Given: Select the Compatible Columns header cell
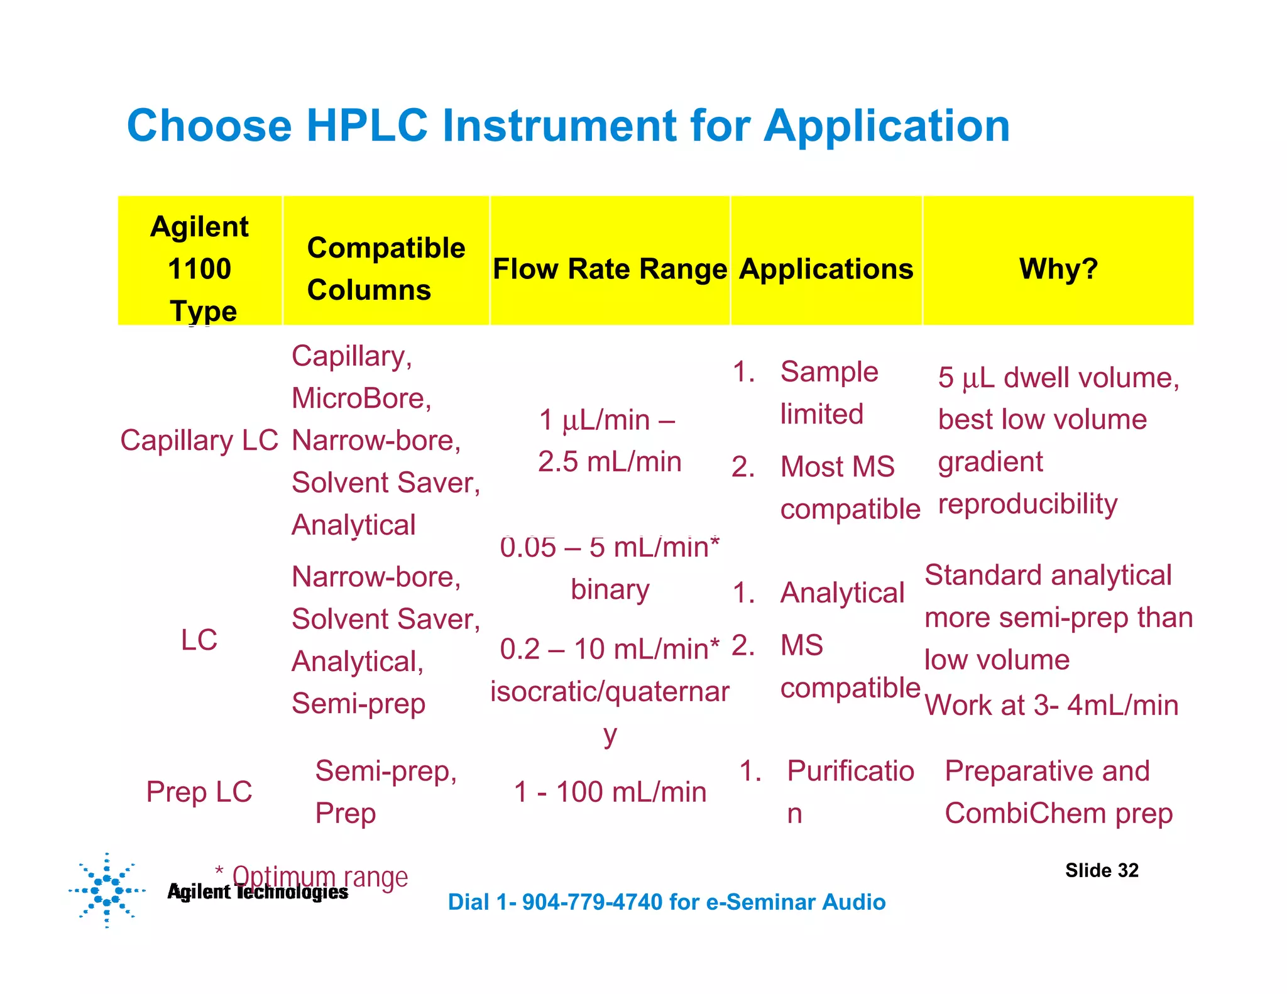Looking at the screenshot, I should coord(386,269).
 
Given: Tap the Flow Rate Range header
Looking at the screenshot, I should coord(610,269).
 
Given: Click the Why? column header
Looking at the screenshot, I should coord(1058,269).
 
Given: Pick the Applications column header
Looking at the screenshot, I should coord(826,269).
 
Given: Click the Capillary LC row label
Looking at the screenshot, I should coord(199,440).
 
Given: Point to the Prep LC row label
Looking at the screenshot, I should coord(199,792).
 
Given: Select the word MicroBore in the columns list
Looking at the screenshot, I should coord(361,398).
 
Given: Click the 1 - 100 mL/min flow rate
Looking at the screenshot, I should coord(610,792).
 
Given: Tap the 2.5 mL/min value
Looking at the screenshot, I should coord(610,462).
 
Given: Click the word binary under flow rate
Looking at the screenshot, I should coord(610,589).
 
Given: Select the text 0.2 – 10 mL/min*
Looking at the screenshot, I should coord(610,649).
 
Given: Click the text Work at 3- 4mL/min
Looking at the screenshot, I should coord(1051,705).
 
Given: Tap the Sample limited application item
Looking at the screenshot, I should coord(828,393).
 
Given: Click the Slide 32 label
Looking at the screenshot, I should coord(1102,870).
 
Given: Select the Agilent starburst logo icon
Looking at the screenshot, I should coord(107,890).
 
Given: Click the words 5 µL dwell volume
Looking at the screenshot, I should coord(1058,378).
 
